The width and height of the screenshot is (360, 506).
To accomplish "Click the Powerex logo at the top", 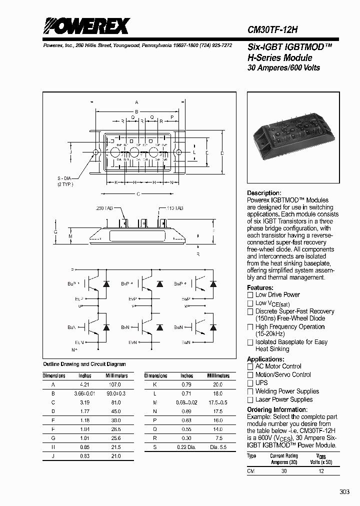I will [x=86, y=26].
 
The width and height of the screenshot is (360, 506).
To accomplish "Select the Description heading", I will [x=264, y=193].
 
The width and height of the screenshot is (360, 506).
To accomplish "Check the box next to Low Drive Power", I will [x=250, y=295].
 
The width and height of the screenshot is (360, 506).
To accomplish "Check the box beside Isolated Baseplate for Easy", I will [x=250, y=342].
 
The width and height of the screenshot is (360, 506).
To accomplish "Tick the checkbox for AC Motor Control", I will [x=250, y=366].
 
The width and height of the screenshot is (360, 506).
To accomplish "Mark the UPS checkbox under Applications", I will [x=250, y=383].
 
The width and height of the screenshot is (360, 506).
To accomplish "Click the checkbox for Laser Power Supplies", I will [x=250, y=400].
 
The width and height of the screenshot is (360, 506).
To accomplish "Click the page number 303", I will [x=344, y=492].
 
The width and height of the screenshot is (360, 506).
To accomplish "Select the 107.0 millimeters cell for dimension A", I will [x=115, y=384].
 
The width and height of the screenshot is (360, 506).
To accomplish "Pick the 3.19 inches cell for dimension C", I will [x=85, y=402].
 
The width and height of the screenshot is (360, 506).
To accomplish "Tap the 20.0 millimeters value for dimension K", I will [x=217, y=384].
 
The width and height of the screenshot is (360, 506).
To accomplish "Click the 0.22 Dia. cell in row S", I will [x=187, y=447].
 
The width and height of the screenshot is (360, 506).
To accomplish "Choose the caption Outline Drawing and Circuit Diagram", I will [x=84, y=364].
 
